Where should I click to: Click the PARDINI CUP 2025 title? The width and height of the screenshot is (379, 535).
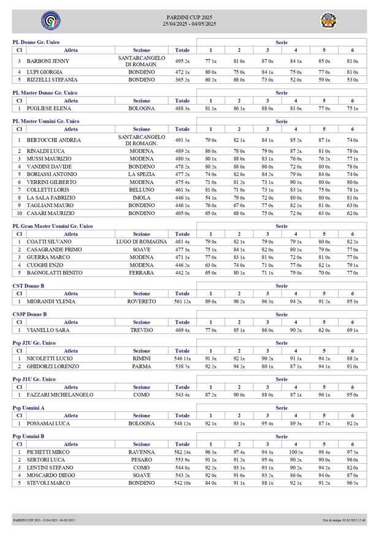point(189,18)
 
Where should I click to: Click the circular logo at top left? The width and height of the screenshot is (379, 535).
point(47,21)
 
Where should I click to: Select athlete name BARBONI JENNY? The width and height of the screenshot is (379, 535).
point(48,61)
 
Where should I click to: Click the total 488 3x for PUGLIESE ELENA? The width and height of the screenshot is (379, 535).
point(182,108)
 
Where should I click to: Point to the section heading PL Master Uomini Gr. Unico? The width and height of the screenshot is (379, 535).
point(46,121)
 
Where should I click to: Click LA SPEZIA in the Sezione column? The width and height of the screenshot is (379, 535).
point(141,174)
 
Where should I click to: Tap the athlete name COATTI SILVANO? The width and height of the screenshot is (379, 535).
point(48,242)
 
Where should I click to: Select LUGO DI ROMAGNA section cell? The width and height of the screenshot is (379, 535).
point(141,242)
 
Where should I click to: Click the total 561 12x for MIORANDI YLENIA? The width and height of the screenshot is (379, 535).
point(182,302)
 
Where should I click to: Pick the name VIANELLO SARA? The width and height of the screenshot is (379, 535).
point(48,330)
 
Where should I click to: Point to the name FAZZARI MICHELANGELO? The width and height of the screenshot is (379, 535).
point(60,395)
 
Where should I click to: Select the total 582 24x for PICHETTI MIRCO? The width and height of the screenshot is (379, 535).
point(182,452)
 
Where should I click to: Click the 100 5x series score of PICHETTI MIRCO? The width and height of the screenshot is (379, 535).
point(296,452)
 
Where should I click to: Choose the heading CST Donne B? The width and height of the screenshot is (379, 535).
point(29,286)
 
